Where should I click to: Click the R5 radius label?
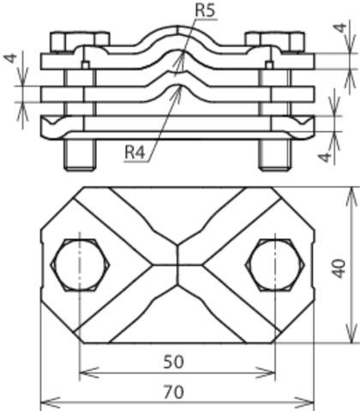click(205, 10)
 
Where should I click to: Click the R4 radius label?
click(135, 152)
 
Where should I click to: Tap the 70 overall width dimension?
click(174, 392)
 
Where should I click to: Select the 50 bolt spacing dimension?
click(174, 362)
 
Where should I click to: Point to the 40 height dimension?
click(339, 268)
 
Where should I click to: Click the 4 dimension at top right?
click(340, 28)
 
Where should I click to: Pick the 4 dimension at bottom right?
click(325, 157)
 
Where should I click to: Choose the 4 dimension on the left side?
click(10, 58)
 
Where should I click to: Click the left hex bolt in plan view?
click(80, 265)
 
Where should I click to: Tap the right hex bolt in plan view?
click(275, 265)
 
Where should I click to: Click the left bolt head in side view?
click(80, 42)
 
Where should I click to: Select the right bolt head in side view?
click(275, 42)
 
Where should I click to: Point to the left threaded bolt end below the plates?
click(80, 155)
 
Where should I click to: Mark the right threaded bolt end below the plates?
click(275, 155)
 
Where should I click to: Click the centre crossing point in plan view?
click(177, 265)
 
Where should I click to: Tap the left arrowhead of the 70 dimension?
click(51, 402)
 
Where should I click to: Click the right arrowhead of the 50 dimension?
click(266, 372)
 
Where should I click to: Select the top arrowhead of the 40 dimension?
click(351, 197)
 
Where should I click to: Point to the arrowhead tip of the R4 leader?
click(180, 86)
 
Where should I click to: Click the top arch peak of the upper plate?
click(177, 27)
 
